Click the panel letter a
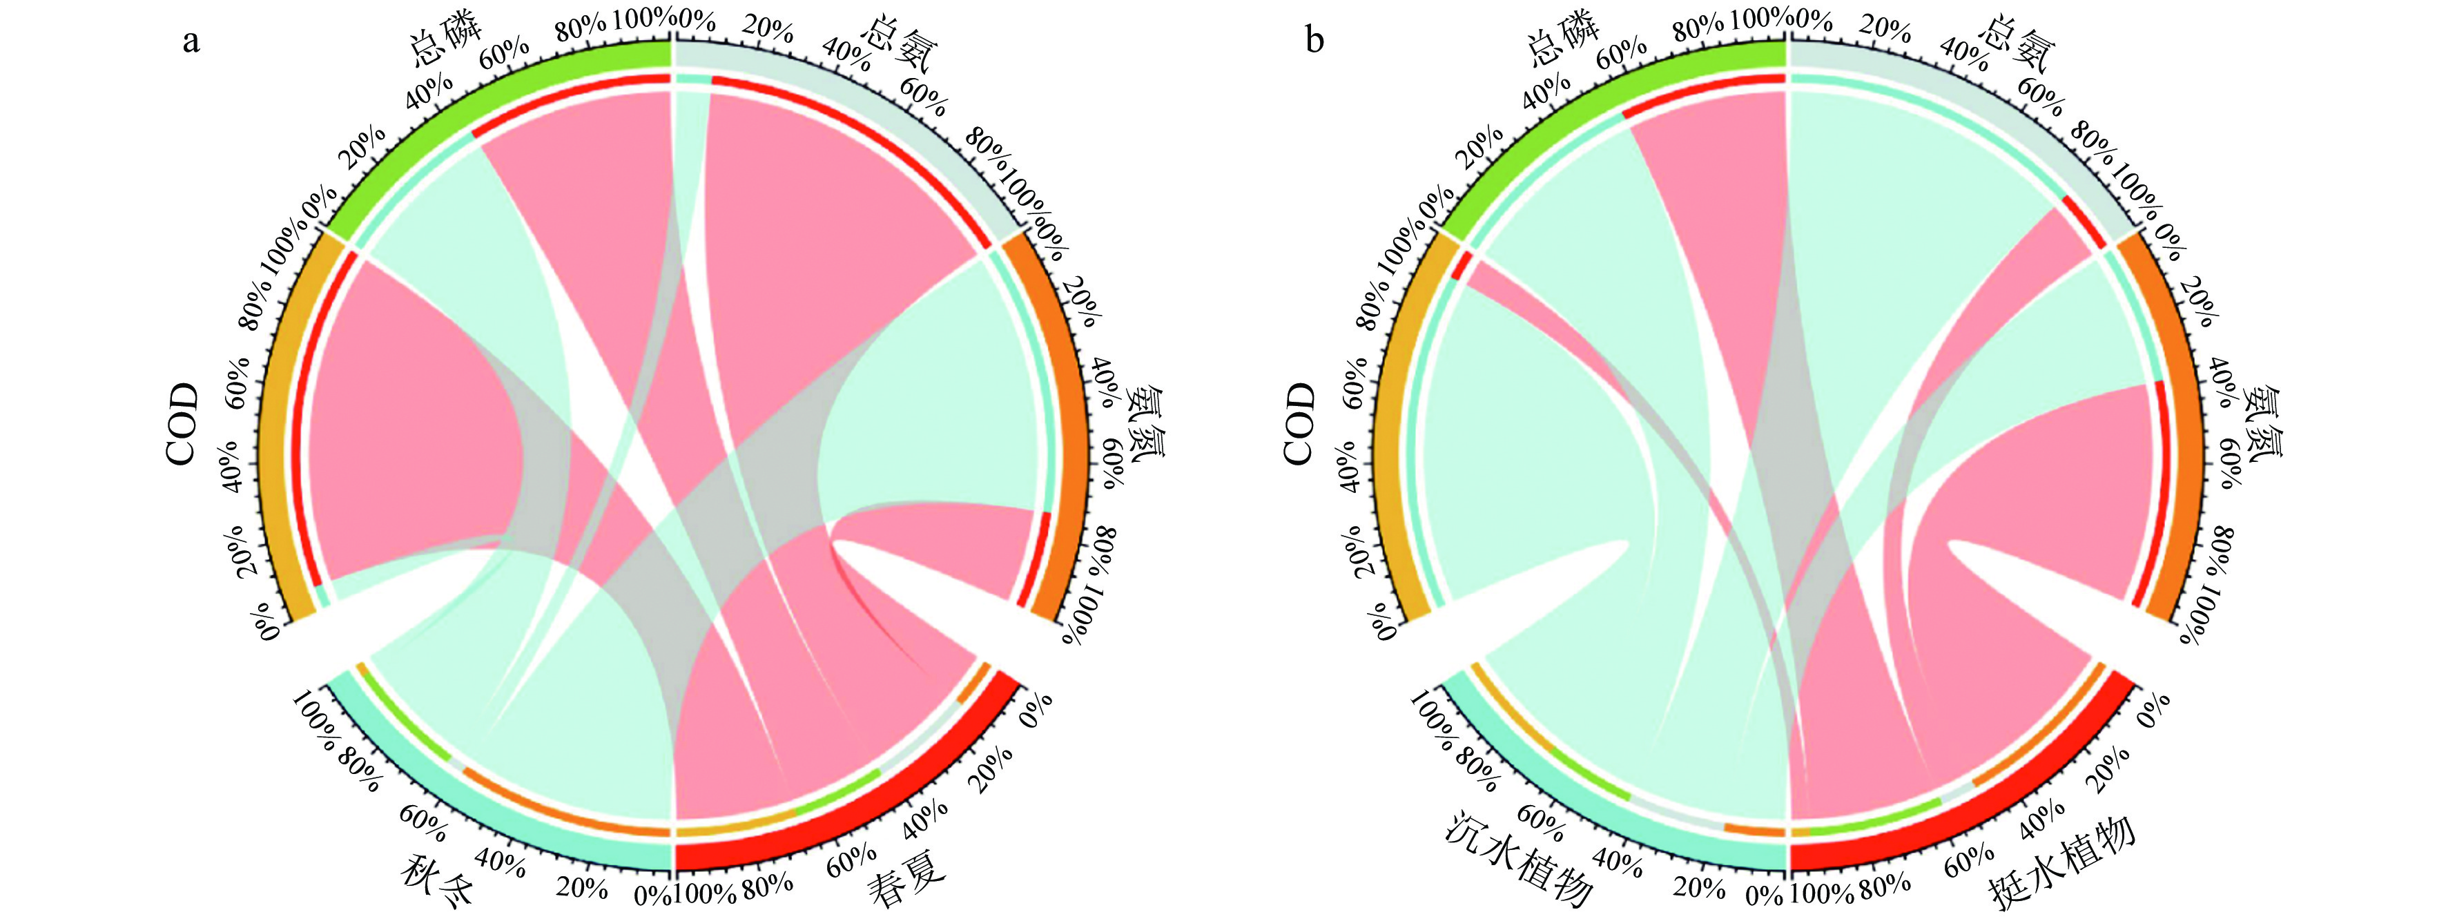(x=192, y=41)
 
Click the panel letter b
(x=1314, y=41)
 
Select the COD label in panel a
(x=183, y=425)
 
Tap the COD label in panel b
(x=1300, y=425)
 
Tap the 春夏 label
(x=906, y=879)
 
